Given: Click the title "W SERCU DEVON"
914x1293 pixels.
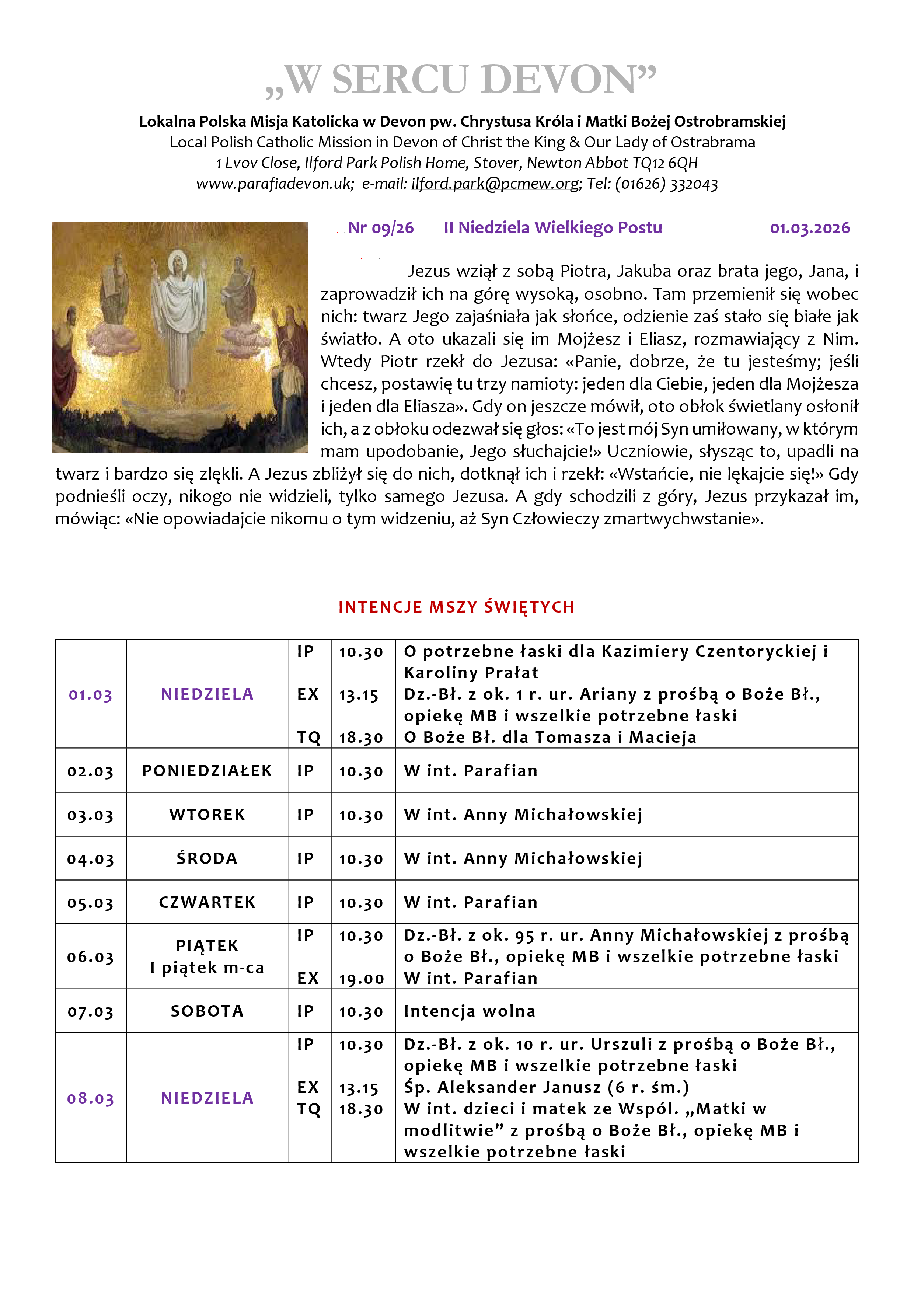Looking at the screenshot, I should pyautogui.click(x=461, y=80).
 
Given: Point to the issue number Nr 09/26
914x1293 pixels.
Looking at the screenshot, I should pyautogui.click(x=381, y=228).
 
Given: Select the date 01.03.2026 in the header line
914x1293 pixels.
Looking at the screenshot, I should pyautogui.click(x=809, y=228).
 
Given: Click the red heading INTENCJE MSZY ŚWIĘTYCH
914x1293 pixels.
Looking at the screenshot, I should pyautogui.click(x=456, y=607).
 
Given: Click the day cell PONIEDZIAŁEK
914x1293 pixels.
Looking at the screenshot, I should pyautogui.click(x=207, y=771).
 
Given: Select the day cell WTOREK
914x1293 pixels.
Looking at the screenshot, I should pyautogui.click(x=207, y=815).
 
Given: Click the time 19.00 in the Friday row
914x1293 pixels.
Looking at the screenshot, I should pyautogui.click(x=361, y=979).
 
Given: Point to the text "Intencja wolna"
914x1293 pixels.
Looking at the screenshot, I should pyautogui.click(x=469, y=1011).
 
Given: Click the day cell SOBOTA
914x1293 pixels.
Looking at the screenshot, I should pyautogui.click(x=207, y=1011).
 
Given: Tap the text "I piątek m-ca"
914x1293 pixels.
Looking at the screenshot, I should pyautogui.click(x=207, y=968).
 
